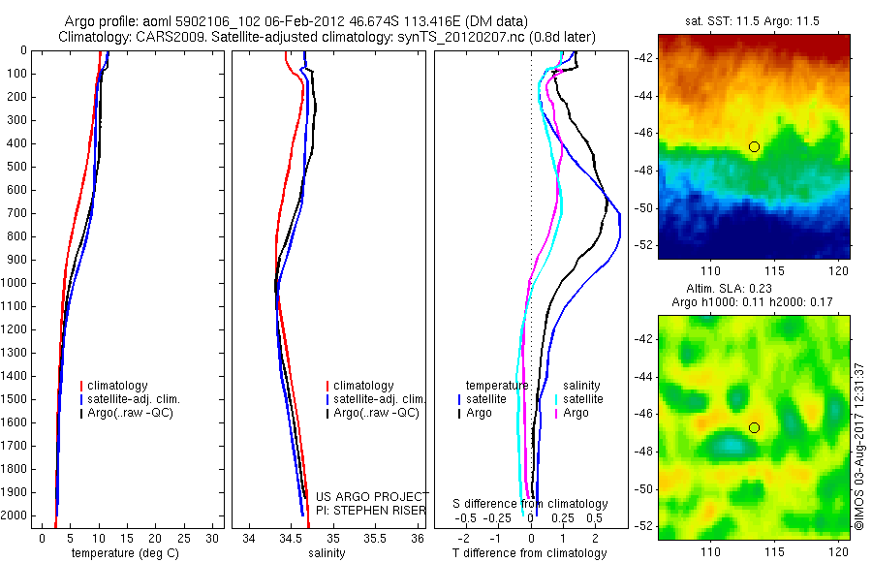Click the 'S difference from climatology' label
[531, 504]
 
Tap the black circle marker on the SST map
[754, 146]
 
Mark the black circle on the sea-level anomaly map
[754, 427]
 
